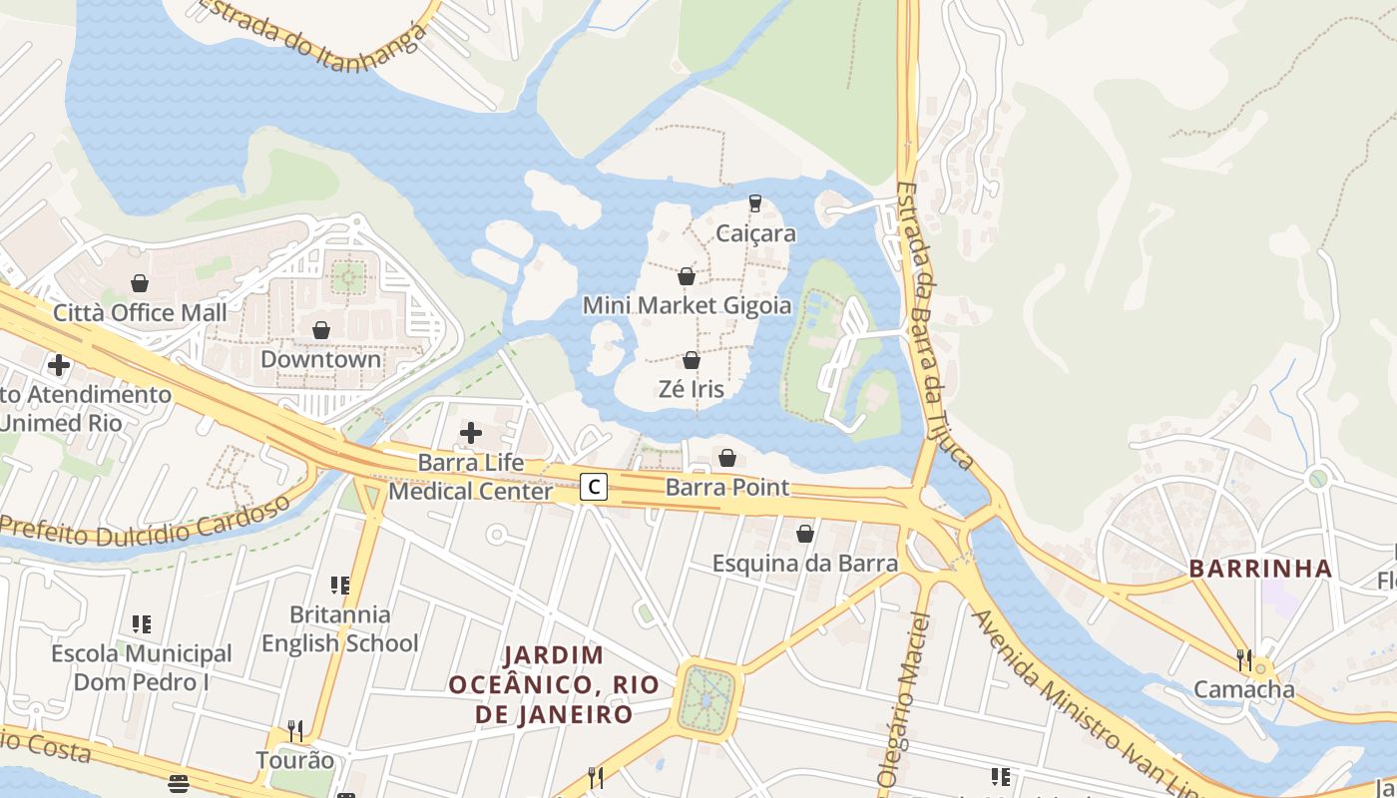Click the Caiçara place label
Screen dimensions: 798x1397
(x=755, y=233)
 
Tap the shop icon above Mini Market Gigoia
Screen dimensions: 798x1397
(x=686, y=276)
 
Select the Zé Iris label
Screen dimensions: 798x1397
(x=691, y=388)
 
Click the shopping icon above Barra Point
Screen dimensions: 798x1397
(x=727, y=458)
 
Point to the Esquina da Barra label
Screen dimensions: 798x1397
(x=804, y=563)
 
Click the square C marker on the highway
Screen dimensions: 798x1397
(x=594, y=487)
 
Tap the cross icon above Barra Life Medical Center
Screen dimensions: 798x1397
(x=470, y=433)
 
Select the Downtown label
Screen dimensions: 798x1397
(x=320, y=359)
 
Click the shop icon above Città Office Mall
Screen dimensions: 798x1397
(x=140, y=283)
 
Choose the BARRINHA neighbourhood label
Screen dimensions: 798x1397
(x=1260, y=570)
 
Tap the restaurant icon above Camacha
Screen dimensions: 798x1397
(x=1244, y=659)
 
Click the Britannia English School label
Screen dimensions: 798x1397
(x=339, y=628)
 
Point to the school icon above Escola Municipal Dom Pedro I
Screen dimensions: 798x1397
(x=142, y=624)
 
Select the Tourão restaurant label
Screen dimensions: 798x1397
(x=295, y=760)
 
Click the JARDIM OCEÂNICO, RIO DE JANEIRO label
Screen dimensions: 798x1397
(x=553, y=684)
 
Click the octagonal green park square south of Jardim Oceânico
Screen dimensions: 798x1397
(x=706, y=699)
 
